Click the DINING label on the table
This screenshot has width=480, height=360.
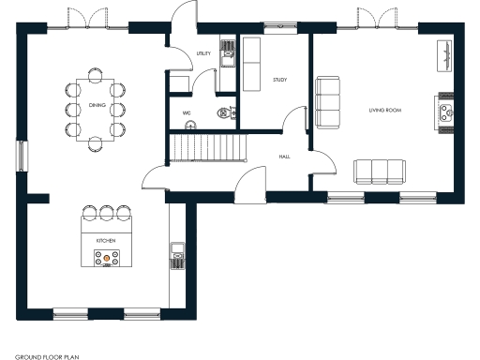[x=97, y=106]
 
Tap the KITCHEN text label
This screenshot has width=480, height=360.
[x=105, y=241]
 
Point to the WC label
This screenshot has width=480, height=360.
[x=187, y=113]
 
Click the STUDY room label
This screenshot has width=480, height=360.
[x=279, y=80]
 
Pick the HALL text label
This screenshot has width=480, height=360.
[x=283, y=157]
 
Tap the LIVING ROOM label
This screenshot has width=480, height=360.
[x=385, y=111]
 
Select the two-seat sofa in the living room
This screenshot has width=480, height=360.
[x=328, y=103]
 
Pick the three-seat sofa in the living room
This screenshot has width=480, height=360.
[x=380, y=171]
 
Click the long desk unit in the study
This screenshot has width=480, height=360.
[x=252, y=64]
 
